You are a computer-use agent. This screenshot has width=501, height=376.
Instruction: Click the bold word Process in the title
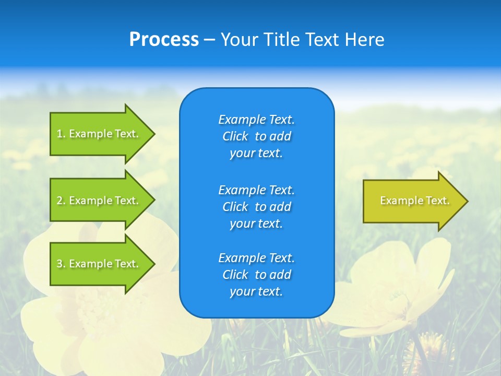164,40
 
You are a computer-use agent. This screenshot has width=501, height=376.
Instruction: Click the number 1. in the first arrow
61,134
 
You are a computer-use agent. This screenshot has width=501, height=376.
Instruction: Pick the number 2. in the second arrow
61,201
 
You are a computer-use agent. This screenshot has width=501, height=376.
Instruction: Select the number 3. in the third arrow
61,264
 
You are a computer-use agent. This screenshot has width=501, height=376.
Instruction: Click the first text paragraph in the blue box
256,136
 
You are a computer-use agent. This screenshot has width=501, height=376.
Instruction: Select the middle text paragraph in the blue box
256,206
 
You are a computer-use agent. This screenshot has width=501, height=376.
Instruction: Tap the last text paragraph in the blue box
256,275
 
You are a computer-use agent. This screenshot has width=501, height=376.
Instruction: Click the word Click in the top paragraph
235,136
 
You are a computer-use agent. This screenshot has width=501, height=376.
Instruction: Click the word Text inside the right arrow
437,201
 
